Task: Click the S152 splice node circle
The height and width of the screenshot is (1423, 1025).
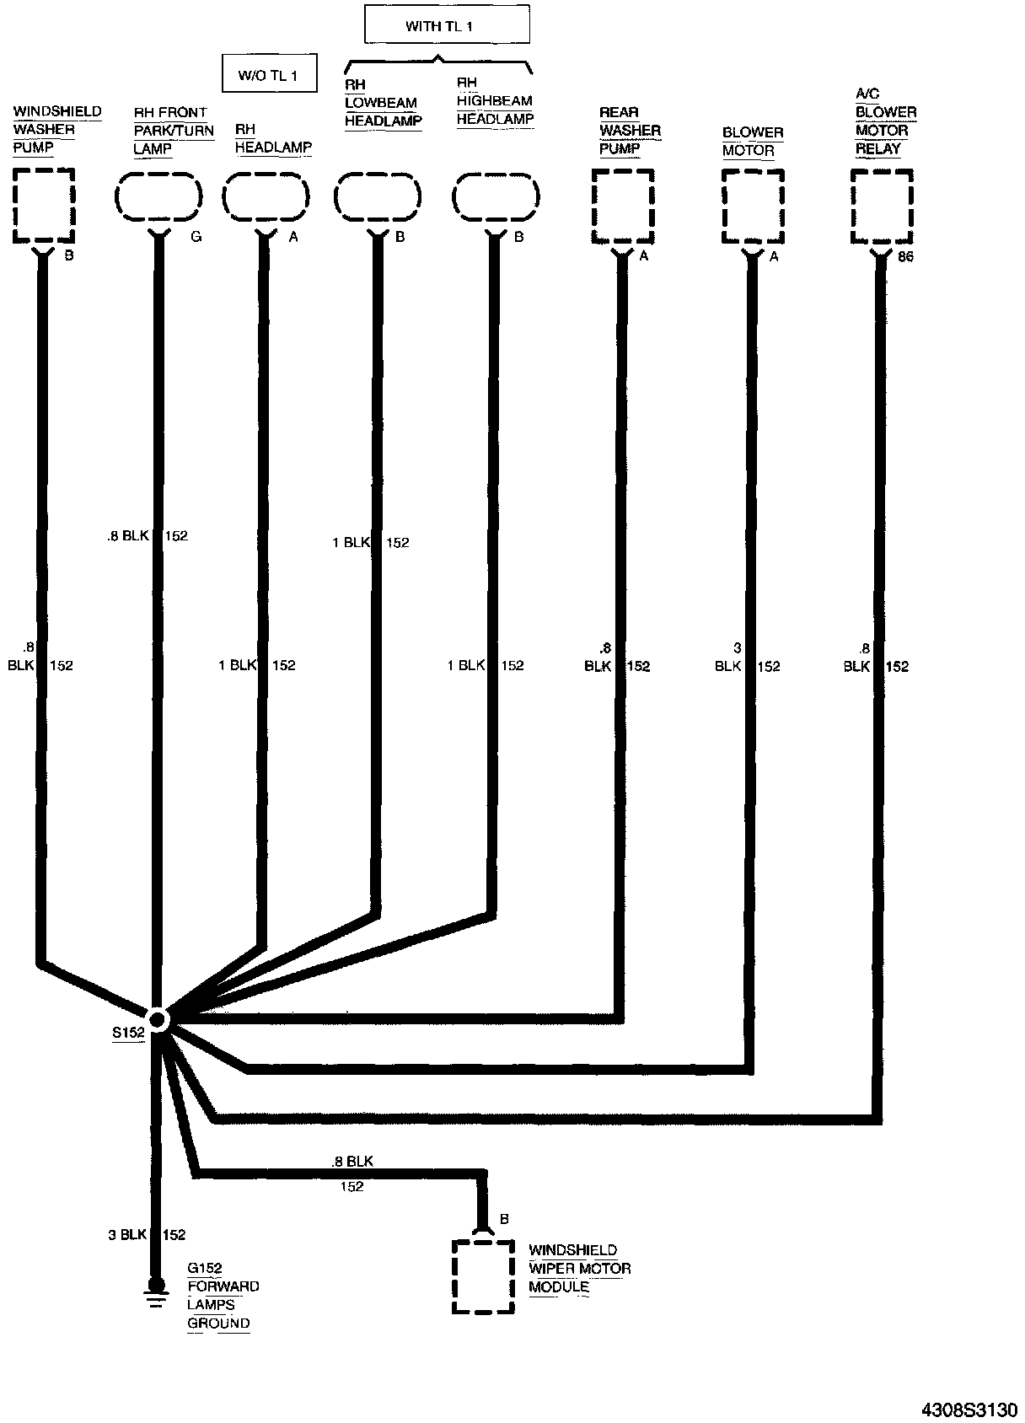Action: pos(158,1019)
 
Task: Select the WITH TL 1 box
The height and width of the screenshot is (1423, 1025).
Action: pos(447,25)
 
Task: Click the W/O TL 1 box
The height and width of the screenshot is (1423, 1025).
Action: pos(269,74)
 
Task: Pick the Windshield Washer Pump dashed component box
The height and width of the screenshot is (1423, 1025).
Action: pos(44,205)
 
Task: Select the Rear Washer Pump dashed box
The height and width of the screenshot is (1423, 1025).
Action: pos(623,207)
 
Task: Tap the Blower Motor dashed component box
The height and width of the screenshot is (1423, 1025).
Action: pos(753,207)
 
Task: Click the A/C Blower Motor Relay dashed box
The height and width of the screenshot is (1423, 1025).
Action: pos(882,207)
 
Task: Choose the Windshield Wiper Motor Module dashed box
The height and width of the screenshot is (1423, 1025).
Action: pos(483,1275)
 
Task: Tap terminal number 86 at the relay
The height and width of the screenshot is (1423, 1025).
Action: pos(905,256)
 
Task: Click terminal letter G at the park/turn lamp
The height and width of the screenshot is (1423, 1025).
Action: pos(196,237)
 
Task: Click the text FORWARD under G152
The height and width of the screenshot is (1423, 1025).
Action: pos(223,1286)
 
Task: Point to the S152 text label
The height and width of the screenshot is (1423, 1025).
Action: pos(129,1032)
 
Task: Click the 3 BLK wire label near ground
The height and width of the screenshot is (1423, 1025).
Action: pos(127,1235)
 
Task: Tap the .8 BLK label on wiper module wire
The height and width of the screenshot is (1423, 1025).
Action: pos(352,1161)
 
